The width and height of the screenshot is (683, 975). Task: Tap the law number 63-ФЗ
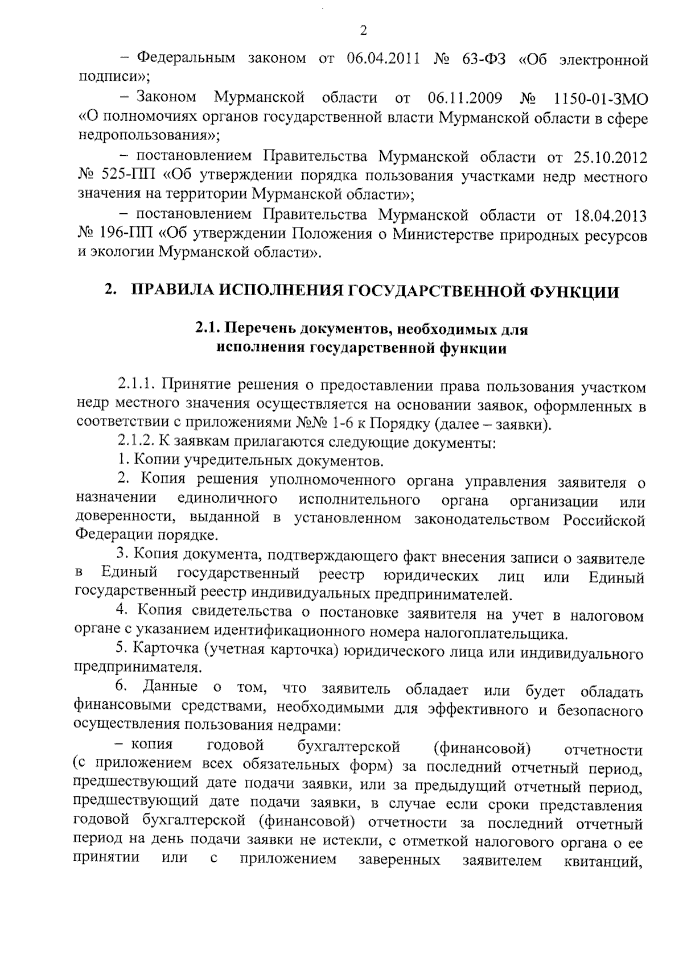point(485,59)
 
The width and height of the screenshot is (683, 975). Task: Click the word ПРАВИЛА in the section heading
point(171,292)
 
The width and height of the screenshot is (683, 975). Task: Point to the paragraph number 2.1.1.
point(137,387)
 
